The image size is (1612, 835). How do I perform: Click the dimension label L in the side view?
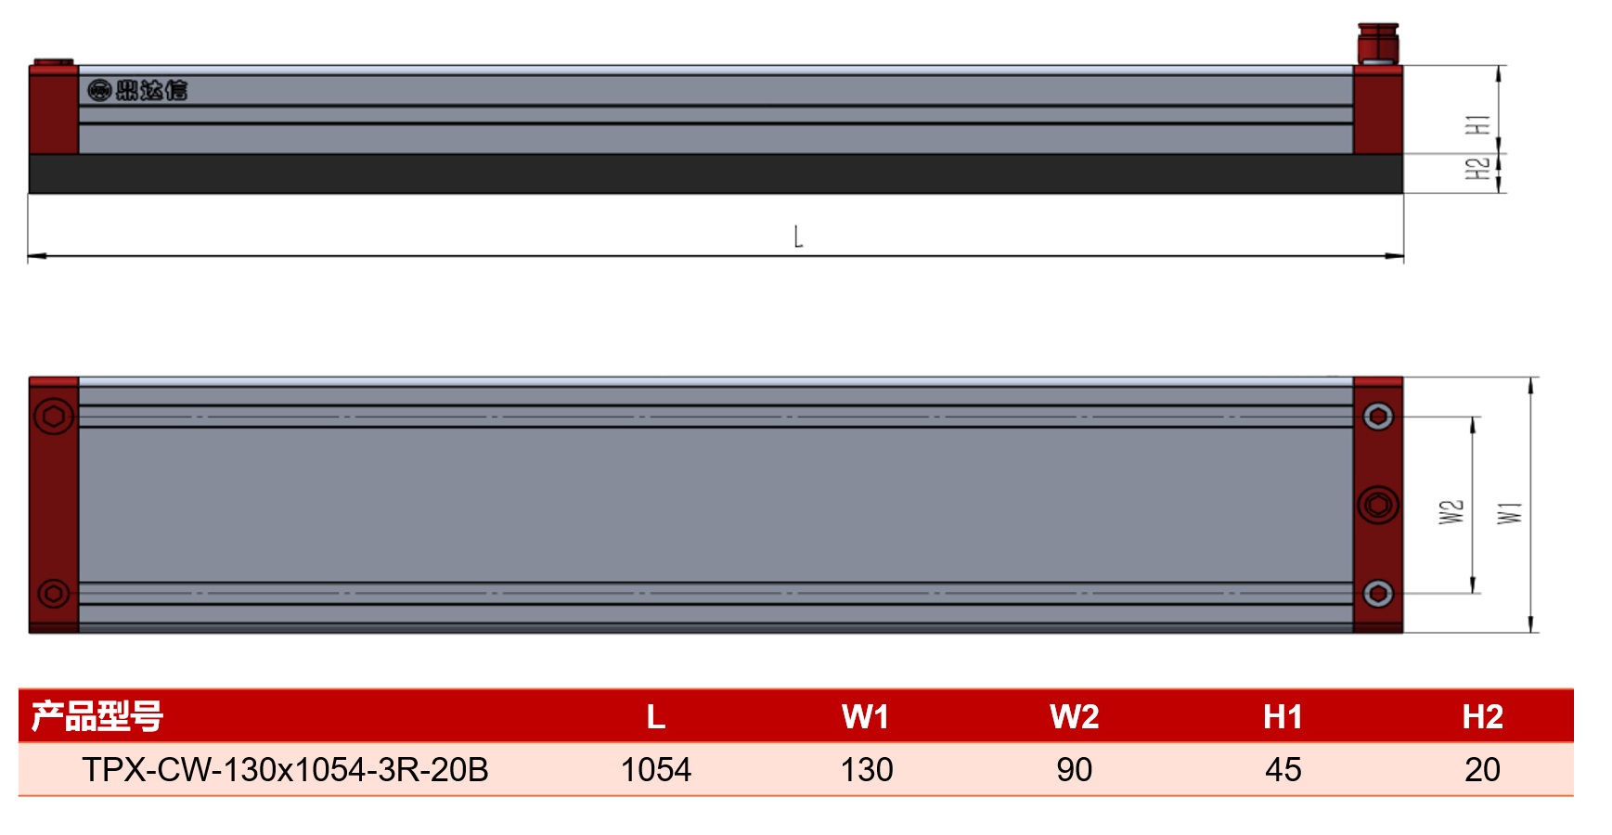pos(798,237)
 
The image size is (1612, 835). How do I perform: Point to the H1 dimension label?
pos(1477,124)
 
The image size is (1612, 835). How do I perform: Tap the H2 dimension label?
pos(1477,168)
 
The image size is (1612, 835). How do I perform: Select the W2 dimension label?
pos(1451,512)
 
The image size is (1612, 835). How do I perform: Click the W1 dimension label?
pos(1510,512)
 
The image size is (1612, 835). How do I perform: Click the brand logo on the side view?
pos(137,90)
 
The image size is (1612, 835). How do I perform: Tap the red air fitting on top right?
pos(1378,44)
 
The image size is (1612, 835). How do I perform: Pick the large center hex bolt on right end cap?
pos(1378,506)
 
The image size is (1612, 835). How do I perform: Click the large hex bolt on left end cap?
pos(54,417)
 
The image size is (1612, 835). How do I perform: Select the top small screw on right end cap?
pos(1378,417)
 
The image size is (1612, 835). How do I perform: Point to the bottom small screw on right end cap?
pos(1378,593)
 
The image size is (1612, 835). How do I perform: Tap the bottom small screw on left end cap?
pos(54,593)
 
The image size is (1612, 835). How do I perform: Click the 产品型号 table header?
pos(97,716)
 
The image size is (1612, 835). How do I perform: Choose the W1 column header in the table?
pos(865,717)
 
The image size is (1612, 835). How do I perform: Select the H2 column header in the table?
pos(1482,717)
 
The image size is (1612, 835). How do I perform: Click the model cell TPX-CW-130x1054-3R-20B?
pos(285,770)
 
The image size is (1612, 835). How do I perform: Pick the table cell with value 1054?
pos(656,770)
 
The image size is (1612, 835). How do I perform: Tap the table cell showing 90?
pos(1075,770)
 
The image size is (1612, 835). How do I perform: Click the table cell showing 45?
pos(1283,770)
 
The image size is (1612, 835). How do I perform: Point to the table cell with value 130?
pos(867,770)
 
